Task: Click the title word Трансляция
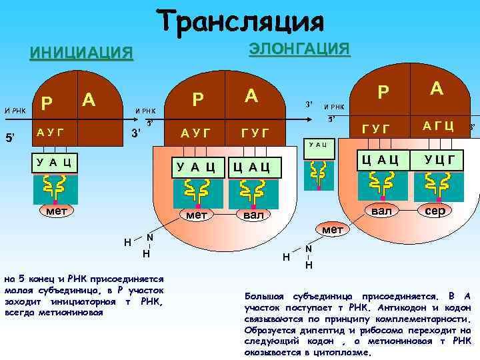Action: (241, 22)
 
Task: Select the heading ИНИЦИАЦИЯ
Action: (81, 53)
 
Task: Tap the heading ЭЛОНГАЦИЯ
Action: (299, 49)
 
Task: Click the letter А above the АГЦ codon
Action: (437, 89)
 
